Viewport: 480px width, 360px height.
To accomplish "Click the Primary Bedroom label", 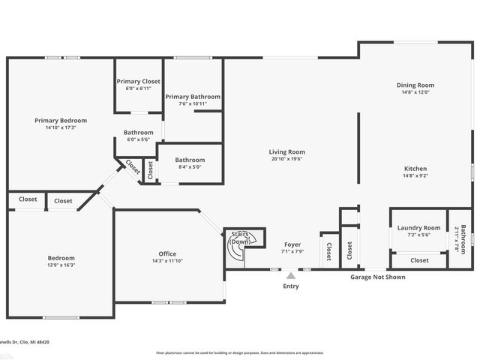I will click(61, 120).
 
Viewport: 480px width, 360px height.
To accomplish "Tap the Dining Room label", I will click(415, 85).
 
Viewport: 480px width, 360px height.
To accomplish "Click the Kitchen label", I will click(415, 169).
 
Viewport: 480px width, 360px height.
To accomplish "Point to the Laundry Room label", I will click(418, 228).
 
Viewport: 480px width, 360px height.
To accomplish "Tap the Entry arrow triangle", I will click(290, 276).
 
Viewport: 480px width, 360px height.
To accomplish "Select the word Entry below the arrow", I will click(290, 286).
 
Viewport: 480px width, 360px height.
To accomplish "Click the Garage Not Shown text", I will click(378, 277).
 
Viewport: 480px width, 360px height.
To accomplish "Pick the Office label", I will click(167, 253).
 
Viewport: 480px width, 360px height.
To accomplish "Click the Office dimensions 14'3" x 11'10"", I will click(167, 261).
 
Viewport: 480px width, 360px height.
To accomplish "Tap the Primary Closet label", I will click(138, 82).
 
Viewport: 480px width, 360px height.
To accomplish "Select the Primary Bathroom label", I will click(193, 97).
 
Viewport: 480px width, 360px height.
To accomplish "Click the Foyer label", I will click(292, 244).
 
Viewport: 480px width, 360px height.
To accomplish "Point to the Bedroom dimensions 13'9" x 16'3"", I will click(61, 265).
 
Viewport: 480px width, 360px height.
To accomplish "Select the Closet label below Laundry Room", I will click(419, 260).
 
